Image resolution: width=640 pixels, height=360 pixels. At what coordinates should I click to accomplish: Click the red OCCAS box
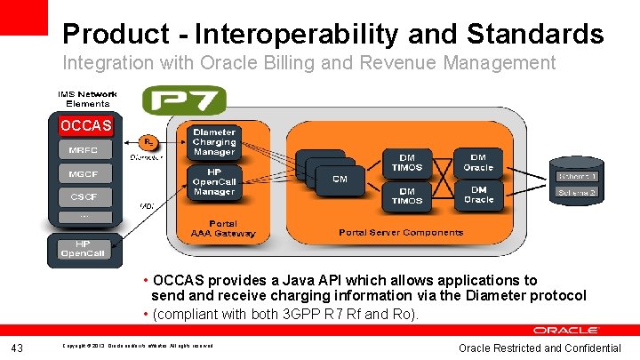coord(86,125)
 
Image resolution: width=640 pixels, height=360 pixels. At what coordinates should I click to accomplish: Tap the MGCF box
coord(84,172)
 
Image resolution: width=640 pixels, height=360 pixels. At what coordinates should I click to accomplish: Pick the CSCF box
coord(84,196)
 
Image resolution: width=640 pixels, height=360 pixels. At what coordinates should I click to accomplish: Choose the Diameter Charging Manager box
coord(214,141)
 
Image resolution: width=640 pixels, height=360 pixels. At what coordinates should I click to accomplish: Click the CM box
coord(340,179)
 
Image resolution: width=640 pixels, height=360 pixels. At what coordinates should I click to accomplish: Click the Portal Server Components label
coord(401,233)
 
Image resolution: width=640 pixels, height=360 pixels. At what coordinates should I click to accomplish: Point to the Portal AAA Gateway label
coord(223,228)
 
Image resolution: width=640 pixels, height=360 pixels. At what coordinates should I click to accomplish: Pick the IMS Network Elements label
coord(86,99)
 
